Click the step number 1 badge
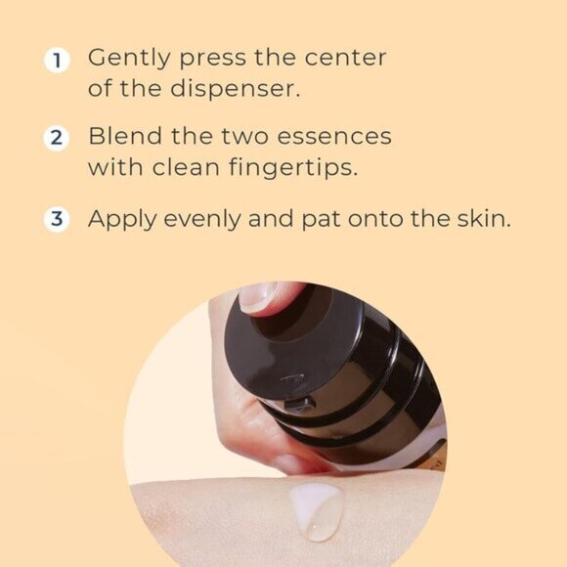pos(58,60)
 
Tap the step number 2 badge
pos(58,138)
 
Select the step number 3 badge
pos(58,218)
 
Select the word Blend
pos(120,136)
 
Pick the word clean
pos(192,166)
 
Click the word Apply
pos(119,219)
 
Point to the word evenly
pos(205,219)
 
